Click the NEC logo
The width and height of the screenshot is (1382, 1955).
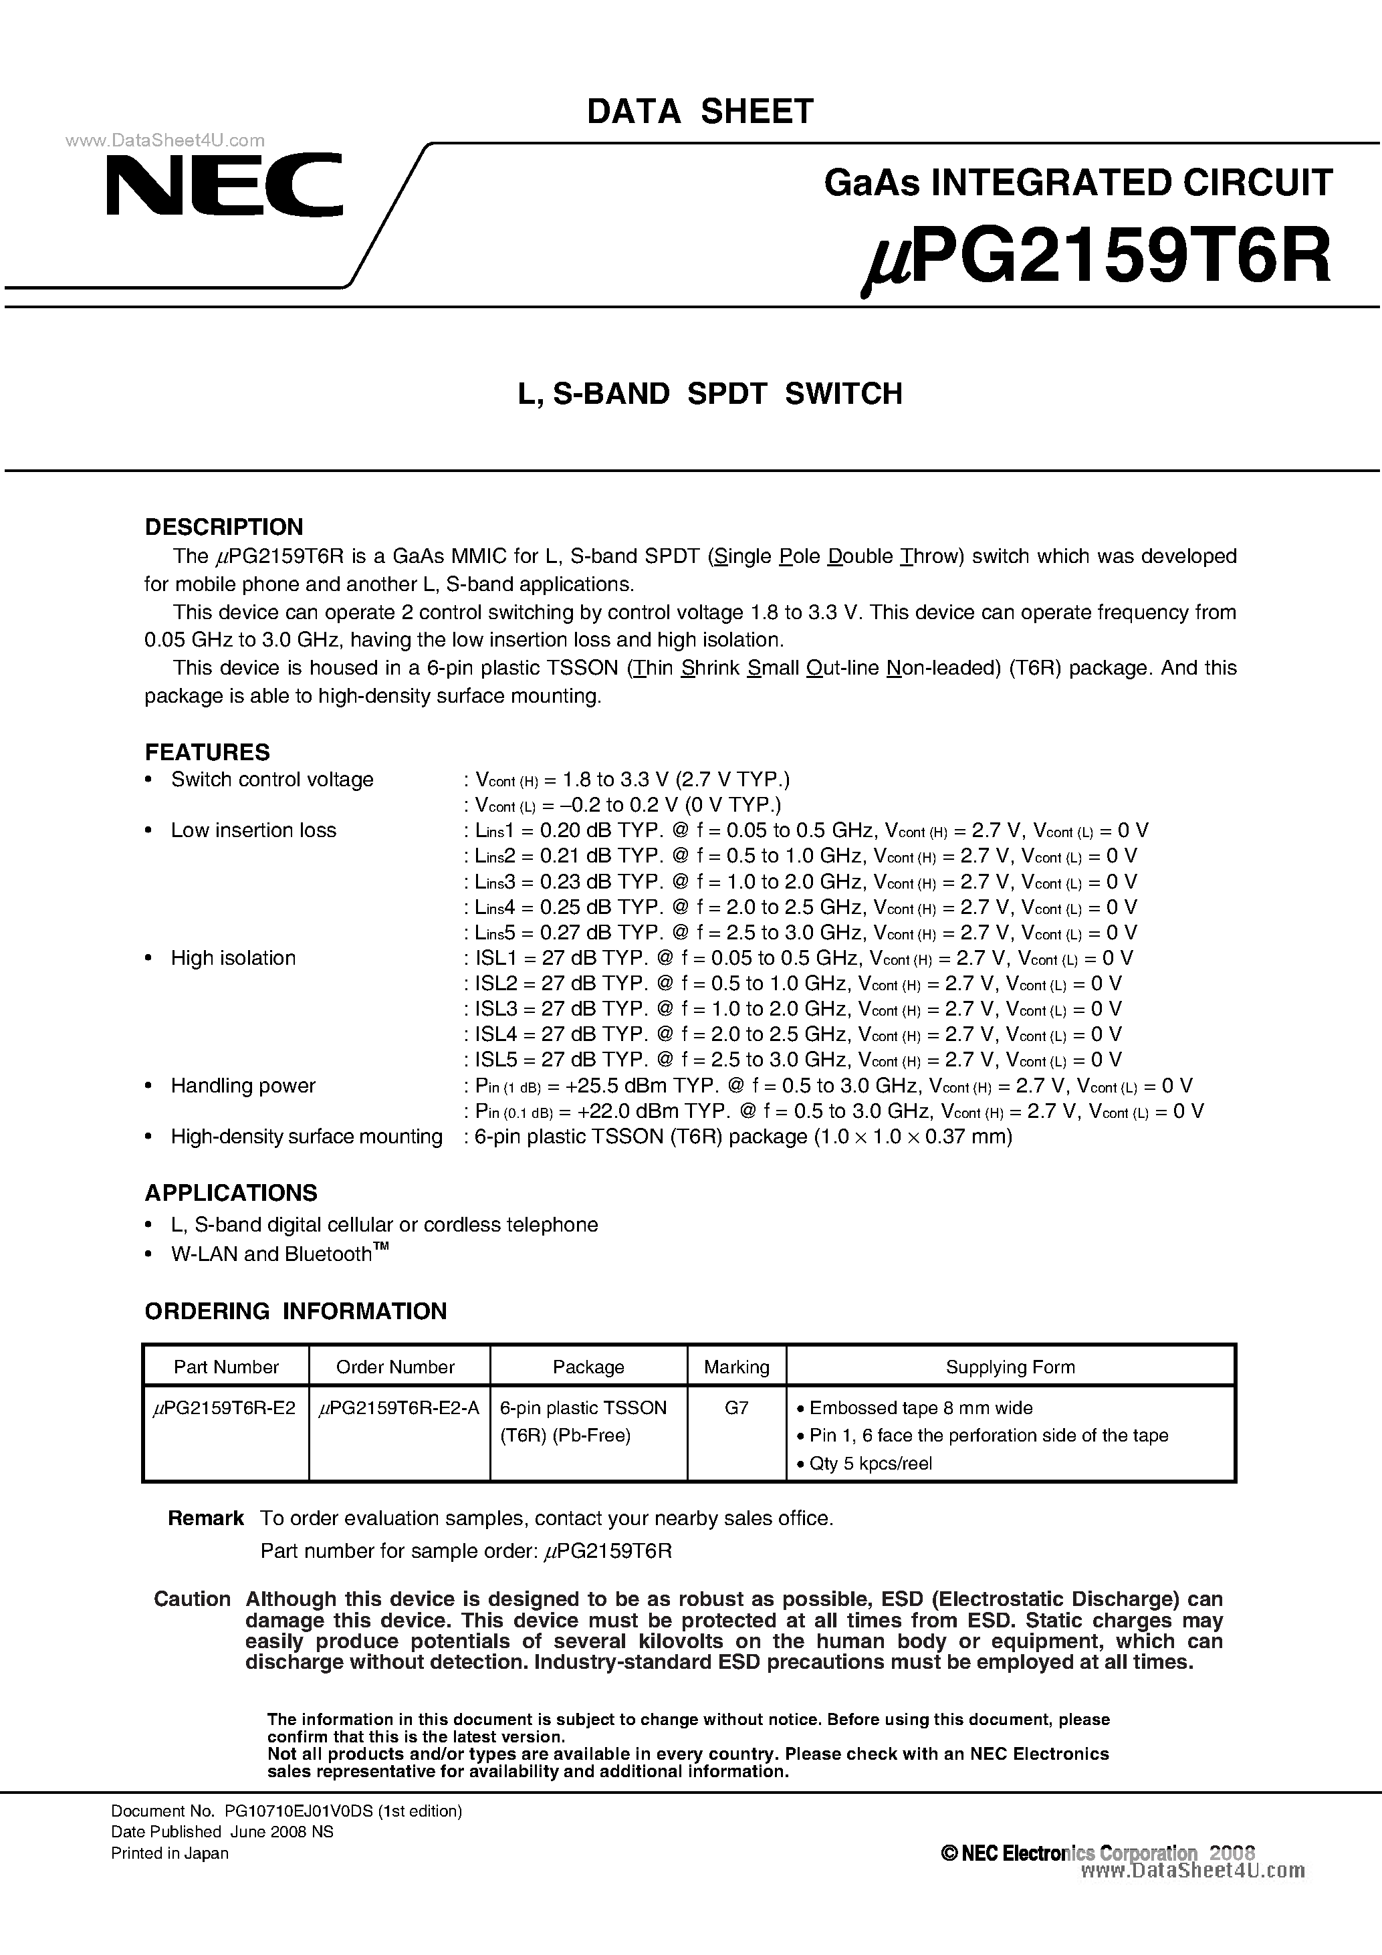[x=224, y=184]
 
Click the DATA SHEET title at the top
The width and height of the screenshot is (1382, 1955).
[x=700, y=112]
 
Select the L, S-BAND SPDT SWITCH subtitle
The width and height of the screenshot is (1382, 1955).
[x=710, y=393]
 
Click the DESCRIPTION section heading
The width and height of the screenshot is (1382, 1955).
[x=224, y=526]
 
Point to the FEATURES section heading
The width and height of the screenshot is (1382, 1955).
[x=207, y=752]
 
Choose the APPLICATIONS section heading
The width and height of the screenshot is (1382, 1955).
[x=231, y=1192]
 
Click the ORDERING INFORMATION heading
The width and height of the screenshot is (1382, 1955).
[x=296, y=1310]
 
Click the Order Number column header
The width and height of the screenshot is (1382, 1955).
[x=395, y=1367]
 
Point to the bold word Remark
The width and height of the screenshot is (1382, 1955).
[x=205, y=1518]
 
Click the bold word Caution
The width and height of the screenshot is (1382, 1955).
[x=192, y=1599]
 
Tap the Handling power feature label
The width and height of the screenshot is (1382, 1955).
[x=243, y=1086]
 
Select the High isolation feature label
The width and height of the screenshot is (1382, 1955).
[x=233, y=958]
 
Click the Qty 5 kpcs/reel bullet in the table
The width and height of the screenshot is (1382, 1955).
[x=871, y=1463]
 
